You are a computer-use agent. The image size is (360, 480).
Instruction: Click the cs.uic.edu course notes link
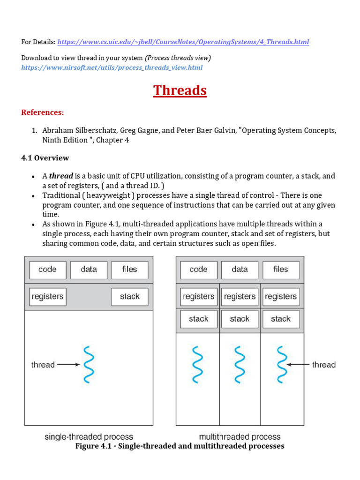pos(183,42)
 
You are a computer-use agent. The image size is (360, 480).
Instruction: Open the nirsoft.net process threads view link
pos(112,67)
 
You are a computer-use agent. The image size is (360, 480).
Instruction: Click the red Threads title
pos(180,90)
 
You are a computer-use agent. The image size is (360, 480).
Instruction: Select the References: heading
pos(42,112)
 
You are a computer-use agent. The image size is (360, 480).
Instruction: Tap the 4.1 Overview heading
pos(45,158)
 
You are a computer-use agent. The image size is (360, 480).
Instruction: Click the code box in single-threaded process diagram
pos(47,270)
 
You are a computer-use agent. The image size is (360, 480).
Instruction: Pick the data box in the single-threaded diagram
pos(89,270)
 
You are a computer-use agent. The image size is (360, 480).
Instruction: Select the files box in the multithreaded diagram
pos(281,270)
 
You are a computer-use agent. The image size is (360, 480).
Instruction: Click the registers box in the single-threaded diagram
pos(47,297)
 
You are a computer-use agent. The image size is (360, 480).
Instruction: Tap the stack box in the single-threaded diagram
pos(130,297)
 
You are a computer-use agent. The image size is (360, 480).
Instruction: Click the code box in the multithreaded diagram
pos(199,270)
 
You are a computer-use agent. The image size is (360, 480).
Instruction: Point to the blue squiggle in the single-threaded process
pos(89,365)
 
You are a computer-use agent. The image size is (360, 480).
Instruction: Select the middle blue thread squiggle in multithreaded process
pos(240,365)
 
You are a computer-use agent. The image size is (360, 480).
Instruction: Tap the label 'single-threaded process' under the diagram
pos(89,437)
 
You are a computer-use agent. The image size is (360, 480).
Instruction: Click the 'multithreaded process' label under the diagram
pos(240,437)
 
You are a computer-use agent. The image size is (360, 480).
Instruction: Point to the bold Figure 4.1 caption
pos(180,446)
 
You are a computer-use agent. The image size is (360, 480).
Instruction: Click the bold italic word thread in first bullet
pos(61,176)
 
